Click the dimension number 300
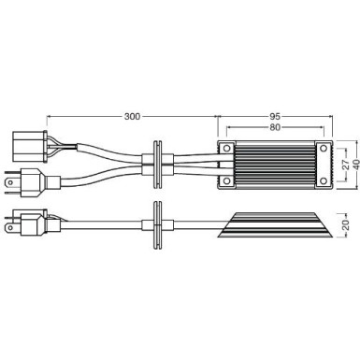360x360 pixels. click(132, 117)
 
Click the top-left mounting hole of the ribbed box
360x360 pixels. click(225, 149)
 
